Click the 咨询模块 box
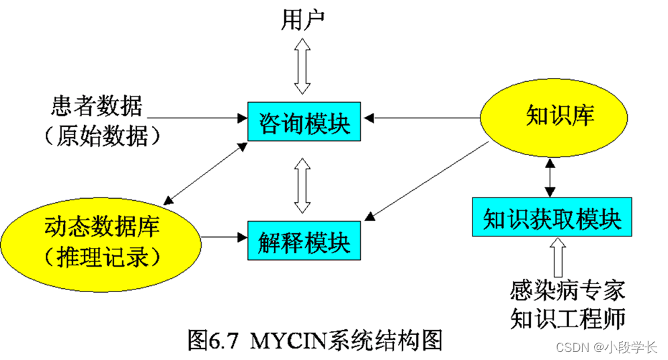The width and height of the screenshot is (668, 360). point(304,122)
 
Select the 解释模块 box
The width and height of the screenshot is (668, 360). point(304,240)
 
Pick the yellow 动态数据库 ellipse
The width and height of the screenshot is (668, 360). point(101,238)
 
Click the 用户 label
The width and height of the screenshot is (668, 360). point(302,20)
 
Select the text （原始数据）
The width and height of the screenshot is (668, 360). point(101,136)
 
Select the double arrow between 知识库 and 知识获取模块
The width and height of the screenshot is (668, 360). point(551,177)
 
